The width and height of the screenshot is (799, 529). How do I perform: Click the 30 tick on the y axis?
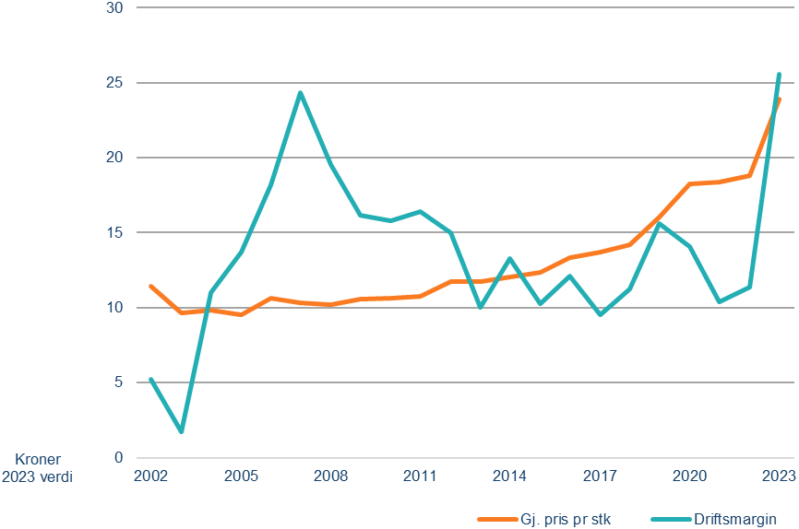[118, 8]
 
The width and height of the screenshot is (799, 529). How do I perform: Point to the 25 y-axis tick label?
[118, 83]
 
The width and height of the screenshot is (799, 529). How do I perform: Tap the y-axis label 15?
[118, 232]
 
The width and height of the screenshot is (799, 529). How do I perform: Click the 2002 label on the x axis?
[150, 476]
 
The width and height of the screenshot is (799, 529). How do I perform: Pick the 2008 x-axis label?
[330, 476]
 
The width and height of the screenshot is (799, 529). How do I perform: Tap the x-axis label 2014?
[510, 476]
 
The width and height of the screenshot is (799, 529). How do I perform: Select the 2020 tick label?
[690, 476]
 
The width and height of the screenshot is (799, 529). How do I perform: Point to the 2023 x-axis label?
[778, 476]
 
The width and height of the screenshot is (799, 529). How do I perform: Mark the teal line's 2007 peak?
[300, 92]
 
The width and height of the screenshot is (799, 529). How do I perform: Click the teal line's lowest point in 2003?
[181, 431]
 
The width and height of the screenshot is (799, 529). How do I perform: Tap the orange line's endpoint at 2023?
[780, 99]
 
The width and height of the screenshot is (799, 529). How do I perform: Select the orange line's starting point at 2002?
[150, 286]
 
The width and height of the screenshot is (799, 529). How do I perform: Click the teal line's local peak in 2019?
[660, 224]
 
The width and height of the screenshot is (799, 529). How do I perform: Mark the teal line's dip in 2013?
[480, 307]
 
